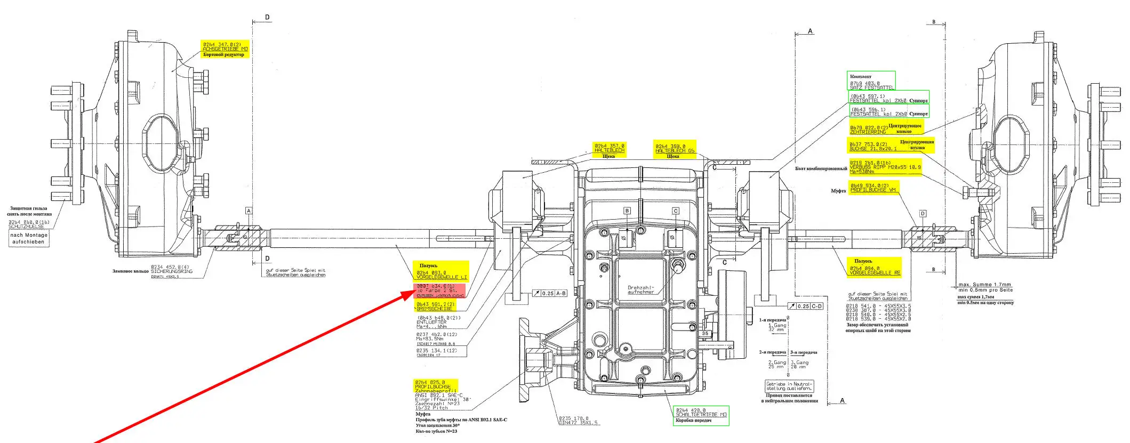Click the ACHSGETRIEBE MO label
point(225,49)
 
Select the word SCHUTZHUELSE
point(27,227)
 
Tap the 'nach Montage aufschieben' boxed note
point(29,238)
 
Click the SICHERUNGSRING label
point(172,271)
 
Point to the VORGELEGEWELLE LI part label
point(442,277)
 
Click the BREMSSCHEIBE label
point(434,309)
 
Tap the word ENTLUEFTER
point(431,322)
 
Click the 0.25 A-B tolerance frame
point(550,294)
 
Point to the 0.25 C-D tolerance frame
point(805,307)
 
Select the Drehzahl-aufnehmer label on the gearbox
point(640,290)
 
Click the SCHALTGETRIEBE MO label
point(701,415)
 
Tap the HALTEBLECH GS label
point(675,151)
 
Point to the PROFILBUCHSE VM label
point(873,190)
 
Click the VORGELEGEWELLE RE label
point(875,273)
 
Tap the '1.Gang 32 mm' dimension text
point(776,327)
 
